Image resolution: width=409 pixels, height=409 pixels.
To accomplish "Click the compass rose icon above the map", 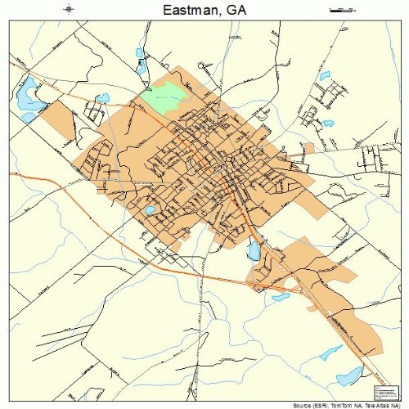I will [70, 10].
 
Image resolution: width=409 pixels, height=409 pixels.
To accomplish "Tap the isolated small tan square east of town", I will [308, 148].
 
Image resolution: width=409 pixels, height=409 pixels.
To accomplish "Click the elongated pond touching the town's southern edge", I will [254, 250].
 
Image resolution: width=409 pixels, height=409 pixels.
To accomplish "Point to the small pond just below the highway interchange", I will [281, 296].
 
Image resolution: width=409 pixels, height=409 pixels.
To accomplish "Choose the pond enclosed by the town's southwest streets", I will [150, 210].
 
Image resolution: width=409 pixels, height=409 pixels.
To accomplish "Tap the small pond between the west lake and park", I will [102, 98].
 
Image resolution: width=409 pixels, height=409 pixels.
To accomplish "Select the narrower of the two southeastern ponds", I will [330, 353].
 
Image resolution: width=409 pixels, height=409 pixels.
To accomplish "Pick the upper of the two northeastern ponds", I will [324, 76].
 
